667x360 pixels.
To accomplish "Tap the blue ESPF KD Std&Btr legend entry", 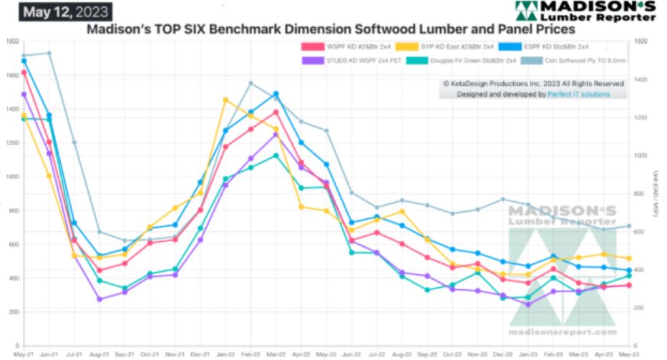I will click(544, 47).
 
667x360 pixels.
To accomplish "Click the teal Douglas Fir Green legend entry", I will click(459, 62).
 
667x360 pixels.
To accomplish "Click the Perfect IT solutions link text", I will click(578, 94).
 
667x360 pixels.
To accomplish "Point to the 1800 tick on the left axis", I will click(12, 42).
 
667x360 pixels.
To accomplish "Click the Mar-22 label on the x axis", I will click(276, 354).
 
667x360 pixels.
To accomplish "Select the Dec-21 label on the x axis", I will click(200, 354).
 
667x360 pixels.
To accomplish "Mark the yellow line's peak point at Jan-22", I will click(225, 99).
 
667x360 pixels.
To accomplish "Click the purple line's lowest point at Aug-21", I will click(99, 299).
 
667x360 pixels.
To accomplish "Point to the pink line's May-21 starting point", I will click(24, 72).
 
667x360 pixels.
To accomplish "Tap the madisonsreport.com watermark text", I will click(563, 332).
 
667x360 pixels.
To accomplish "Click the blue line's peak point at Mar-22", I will click(276, 94).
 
